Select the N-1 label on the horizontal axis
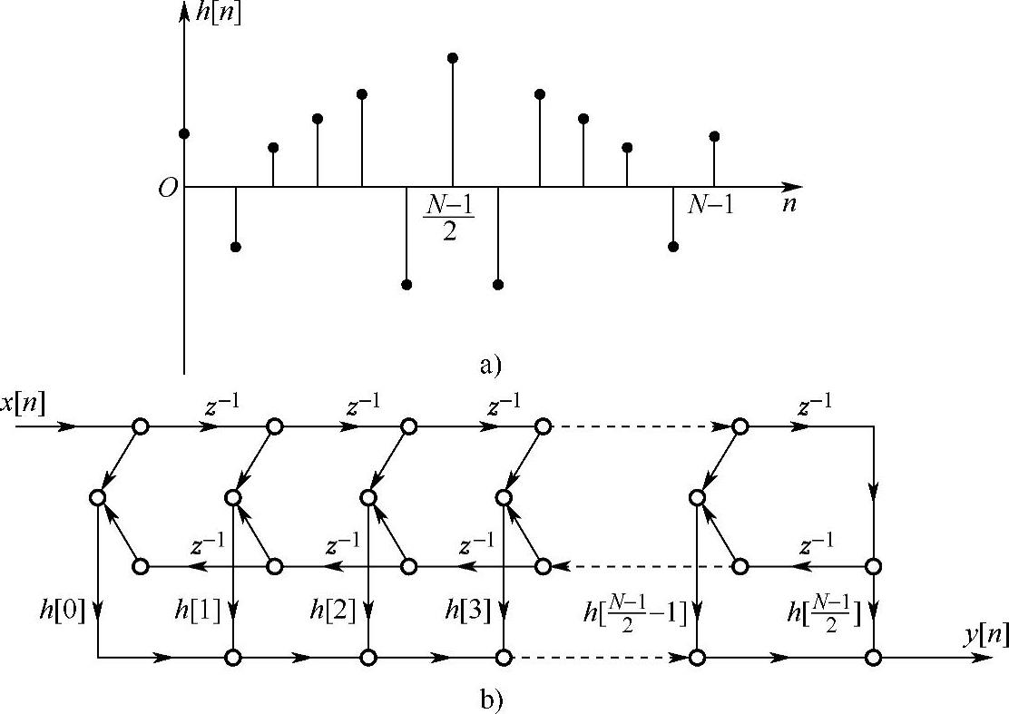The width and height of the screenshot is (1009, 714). coord(710,205)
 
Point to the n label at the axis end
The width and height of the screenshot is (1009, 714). coord(789,204)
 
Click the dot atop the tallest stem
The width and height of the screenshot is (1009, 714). coord(453,58)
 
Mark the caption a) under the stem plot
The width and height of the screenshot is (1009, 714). coord(489,365)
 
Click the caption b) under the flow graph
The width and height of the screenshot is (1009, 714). coord(489,699)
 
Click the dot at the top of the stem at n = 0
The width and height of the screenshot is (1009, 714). coord(184,134)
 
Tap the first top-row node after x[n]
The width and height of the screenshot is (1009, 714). coord(140,425)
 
